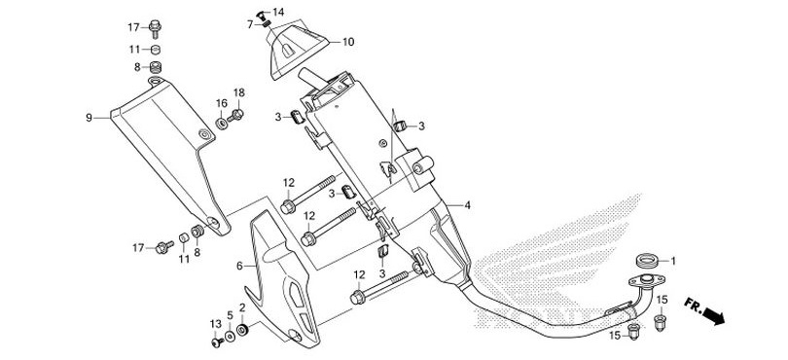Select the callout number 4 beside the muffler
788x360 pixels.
(x=468, y=206)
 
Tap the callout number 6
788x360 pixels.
(x=238, y=265)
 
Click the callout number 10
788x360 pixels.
(x=348, y=43)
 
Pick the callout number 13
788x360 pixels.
(x=216, y=323)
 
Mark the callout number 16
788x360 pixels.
(x=222, y=103)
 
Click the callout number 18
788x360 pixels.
(x=238, y=92)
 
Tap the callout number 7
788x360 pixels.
(x=250, y=23)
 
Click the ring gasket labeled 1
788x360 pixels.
(x=645, y=261)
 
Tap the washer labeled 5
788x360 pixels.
(x=230, y=337)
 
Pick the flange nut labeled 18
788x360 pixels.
(x=238, y=116)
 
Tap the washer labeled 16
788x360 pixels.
(x=223, y=122)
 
